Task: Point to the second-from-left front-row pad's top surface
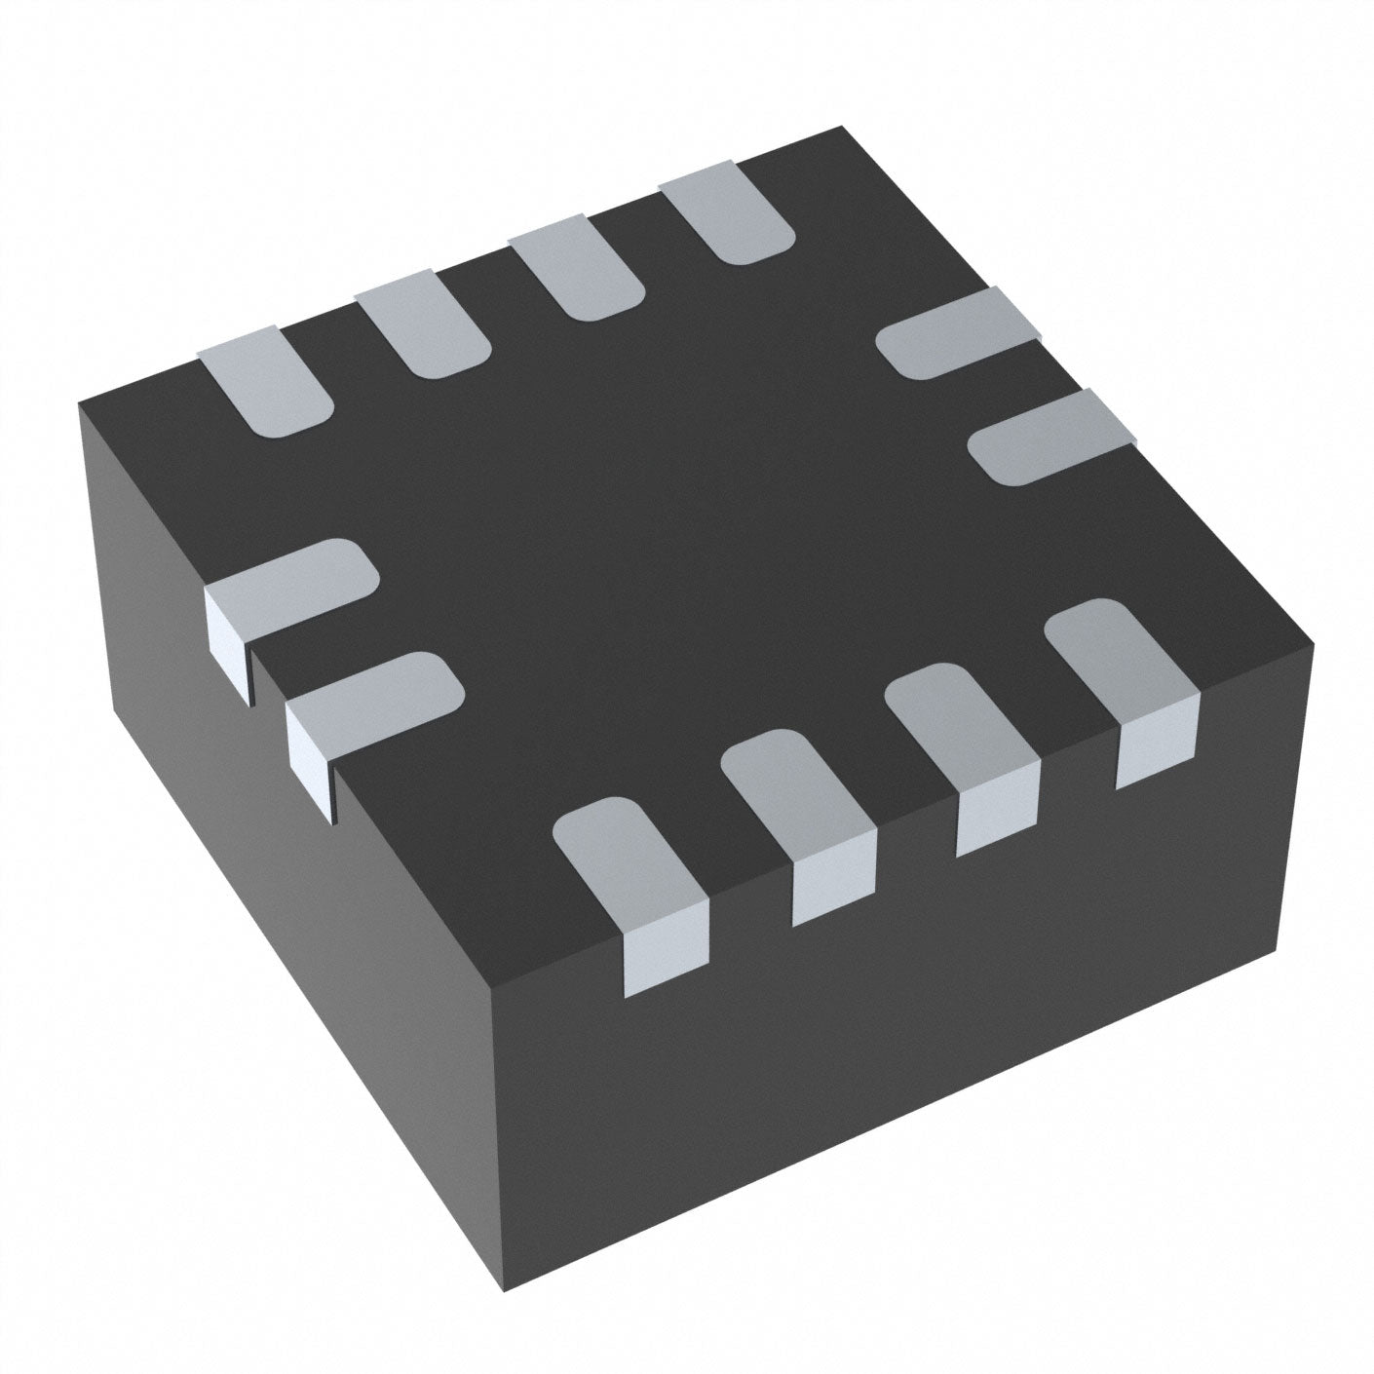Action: [x=794, y=794]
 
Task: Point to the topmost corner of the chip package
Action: [x=840, y=128]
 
